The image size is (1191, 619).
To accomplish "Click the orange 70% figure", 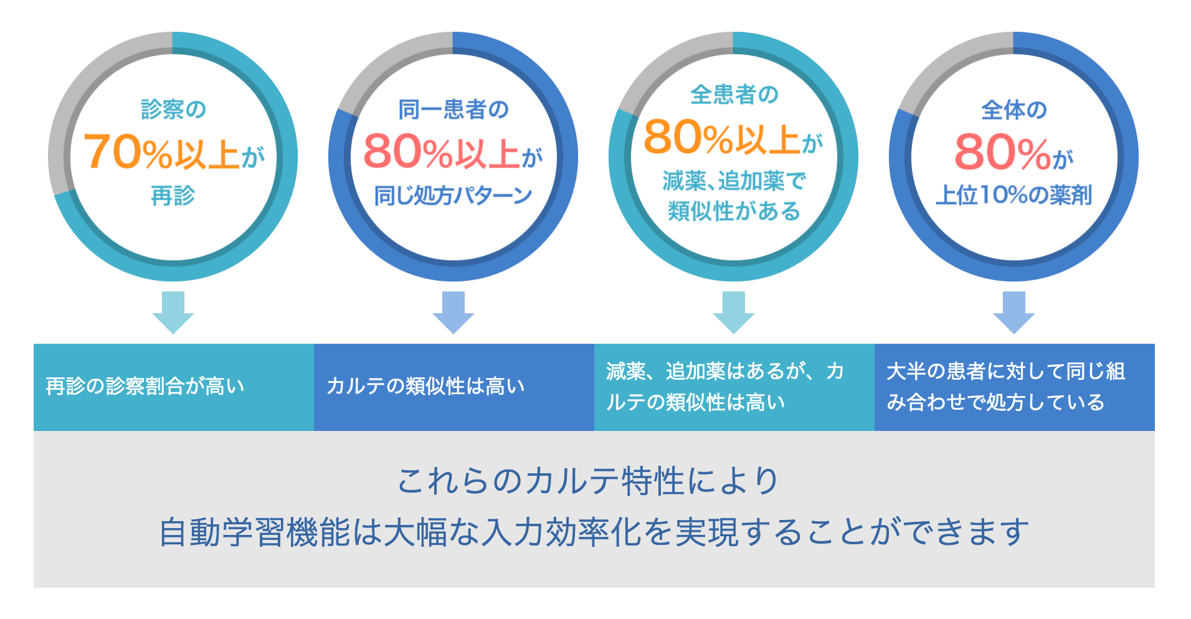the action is pyautogui.click(x=128, y=152).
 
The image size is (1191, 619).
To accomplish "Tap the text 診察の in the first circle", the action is pyautogui.click(x=173, y=109).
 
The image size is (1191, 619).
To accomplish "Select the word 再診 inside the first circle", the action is pyautogui.click(x=173, y=196).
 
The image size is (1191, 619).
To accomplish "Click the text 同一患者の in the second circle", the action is pyautogui.click(x=453, y=110).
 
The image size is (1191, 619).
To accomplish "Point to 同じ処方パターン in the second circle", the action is pyautogui.click(x=453, y=196).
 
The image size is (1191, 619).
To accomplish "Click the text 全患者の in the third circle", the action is pyautogui.click(x=734, y=95).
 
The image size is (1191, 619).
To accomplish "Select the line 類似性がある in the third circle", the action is pyautogui.click(x=734, y=211).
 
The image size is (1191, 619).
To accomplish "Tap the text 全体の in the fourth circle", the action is pyautogui.click(x=1014, y=110).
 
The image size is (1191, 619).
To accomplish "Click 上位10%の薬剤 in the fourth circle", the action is pyautogui.click(x=1014, y=195).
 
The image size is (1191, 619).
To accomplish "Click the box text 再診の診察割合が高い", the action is pyautogui.click(x=145, y=386).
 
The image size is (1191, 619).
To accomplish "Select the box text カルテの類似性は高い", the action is pyautogui.click(x=425, y=386).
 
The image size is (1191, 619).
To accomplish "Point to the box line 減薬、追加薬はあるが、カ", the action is pyautogui.click(x=726, y=371).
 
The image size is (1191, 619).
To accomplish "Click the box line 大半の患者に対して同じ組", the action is pyautogui.click(x=1006, y=371).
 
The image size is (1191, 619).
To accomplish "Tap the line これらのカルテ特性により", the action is pyautogui.click(x=589, y=481).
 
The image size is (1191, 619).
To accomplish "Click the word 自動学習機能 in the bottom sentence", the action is pyautogui.click(x=255, y=533).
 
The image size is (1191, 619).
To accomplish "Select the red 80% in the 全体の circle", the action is pyautogui.click(x=1003, y=152).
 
